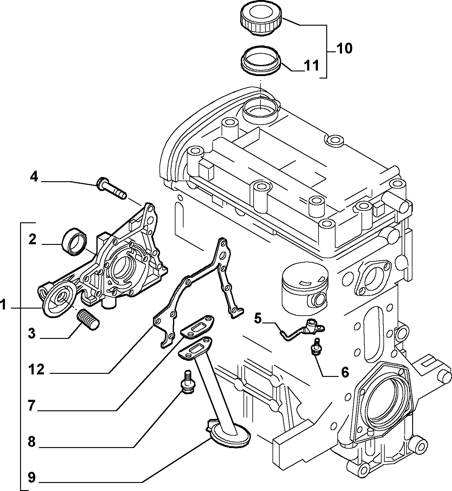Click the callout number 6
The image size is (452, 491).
click(x=344, y=372)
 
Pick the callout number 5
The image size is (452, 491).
click(x=258, y=318)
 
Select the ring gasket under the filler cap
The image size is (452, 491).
click(x=260, y=60)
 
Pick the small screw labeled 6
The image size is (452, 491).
click(x=315, y=346)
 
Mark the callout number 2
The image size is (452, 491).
click(x=32, y=239)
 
